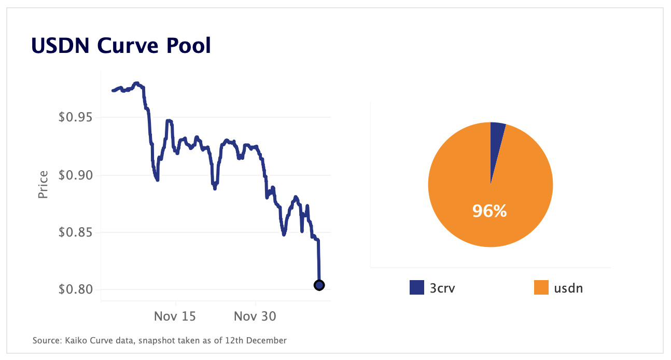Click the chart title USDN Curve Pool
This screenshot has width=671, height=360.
coord(121,46)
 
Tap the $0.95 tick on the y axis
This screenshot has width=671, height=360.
coord(76,117)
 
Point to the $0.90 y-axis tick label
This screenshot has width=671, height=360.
coord(76,175)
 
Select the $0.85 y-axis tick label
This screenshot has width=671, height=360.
coord(76,232)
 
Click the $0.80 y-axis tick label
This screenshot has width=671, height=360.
coord(76,289)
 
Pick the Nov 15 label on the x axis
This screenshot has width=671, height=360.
coord(175,316)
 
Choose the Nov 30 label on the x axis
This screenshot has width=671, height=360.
coord(255,316)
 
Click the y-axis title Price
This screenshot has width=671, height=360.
coord(43,185)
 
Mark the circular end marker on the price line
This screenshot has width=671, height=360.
coord(319,285)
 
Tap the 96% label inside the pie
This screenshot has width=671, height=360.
coord(489,211)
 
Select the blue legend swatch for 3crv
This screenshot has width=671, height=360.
coord(417,287)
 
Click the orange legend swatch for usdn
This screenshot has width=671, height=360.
coord(541,287)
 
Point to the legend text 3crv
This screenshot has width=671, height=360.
coord(443,288)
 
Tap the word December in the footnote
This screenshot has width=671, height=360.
coord(267,341)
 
